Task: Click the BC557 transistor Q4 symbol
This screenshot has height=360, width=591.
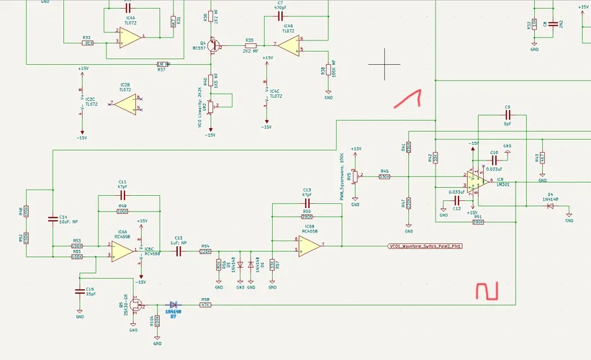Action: (x=215, y=46)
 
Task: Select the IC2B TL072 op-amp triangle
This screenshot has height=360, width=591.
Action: (x=125, y=104)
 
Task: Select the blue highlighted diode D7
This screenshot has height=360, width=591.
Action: (x=173, y=305)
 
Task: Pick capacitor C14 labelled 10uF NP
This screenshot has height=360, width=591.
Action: (x=53, y=218)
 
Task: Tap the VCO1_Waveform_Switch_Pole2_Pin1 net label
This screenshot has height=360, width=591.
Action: (x=424, y=246)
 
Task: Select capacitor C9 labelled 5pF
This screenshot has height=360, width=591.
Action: (x=507, y=114)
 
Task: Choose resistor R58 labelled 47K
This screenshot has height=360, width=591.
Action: (x=205, y=305)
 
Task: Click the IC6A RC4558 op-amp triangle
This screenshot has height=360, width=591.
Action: (x=122, y=251)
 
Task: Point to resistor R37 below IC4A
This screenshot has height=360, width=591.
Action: (x=162, y=64)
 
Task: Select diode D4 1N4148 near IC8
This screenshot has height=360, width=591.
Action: (x=550, y=206)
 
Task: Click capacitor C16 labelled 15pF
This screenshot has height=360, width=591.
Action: (x=80, y=292)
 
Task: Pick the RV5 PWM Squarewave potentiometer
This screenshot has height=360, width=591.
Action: (x=350, y=176)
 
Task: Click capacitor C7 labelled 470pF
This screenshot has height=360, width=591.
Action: (x=280, y=16)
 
